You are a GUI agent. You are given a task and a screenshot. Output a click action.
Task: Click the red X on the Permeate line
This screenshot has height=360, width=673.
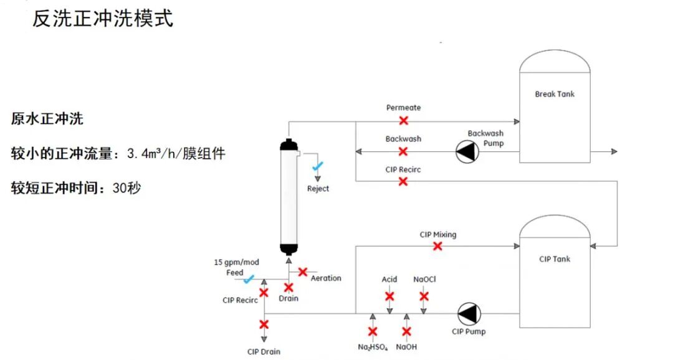404,120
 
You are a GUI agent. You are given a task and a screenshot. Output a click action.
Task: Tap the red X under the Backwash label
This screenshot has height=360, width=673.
403,151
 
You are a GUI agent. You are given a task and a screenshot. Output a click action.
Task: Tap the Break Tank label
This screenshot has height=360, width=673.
555,94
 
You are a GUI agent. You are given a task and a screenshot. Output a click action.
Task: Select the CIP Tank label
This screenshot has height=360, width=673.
555,259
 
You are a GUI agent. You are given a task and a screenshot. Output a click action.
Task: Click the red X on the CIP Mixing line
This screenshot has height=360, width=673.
437,246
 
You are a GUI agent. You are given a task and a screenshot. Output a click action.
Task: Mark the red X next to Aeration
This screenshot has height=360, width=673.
303,272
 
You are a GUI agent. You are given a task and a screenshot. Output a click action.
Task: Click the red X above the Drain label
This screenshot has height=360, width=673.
289,287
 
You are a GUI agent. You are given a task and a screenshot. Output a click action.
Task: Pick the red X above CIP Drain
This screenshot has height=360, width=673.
264,324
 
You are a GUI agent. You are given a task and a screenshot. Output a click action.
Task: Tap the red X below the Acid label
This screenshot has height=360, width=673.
389,296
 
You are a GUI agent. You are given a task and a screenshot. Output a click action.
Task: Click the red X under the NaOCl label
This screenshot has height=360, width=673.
424,296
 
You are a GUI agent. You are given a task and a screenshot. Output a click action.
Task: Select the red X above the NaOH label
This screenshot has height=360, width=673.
407,332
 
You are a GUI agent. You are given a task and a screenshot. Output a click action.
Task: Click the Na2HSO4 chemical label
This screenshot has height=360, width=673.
373,348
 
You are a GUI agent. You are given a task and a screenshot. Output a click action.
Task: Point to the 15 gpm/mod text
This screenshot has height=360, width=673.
236,262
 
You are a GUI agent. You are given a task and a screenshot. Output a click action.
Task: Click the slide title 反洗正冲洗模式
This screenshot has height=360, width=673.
103,19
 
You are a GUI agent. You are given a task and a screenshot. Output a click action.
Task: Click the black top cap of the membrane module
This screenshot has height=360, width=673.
289,146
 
